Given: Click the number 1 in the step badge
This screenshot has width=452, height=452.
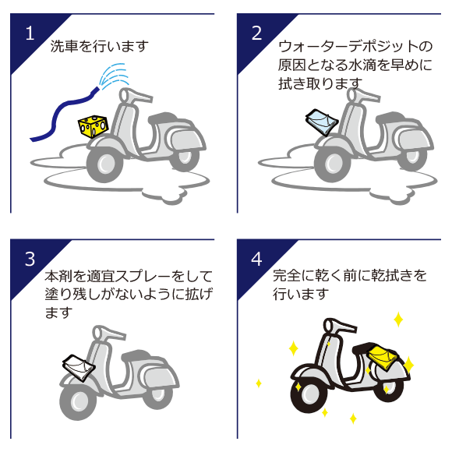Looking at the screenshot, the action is (30, 34).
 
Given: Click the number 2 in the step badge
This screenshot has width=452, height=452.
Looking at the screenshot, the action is (256, 34).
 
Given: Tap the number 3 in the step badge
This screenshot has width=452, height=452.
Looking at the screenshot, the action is (30, 260).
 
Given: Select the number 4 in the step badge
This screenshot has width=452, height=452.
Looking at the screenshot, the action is (256, 260).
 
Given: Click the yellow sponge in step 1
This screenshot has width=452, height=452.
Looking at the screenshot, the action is (93, 126).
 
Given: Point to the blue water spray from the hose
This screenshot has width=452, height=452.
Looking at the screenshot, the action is (114, 75).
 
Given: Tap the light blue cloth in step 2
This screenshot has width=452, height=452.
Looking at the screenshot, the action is (322, 122).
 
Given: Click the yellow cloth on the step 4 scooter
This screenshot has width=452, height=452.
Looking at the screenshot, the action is (382, 358).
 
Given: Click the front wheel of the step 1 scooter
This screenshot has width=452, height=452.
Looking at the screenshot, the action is (105, 165).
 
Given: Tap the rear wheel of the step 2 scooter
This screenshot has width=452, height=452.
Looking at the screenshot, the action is (412, 158).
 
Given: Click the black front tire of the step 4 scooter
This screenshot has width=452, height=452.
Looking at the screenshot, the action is (309, 394).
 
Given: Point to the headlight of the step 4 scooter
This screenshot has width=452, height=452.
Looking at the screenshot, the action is (329, 326).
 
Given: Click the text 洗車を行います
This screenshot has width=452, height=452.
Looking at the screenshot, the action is (100, 47).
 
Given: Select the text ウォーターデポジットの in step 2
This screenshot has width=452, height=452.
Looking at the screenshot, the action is (355, 47).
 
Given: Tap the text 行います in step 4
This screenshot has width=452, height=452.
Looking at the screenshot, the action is (301, 294).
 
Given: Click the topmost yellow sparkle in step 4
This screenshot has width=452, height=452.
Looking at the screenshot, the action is (398, 319).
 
